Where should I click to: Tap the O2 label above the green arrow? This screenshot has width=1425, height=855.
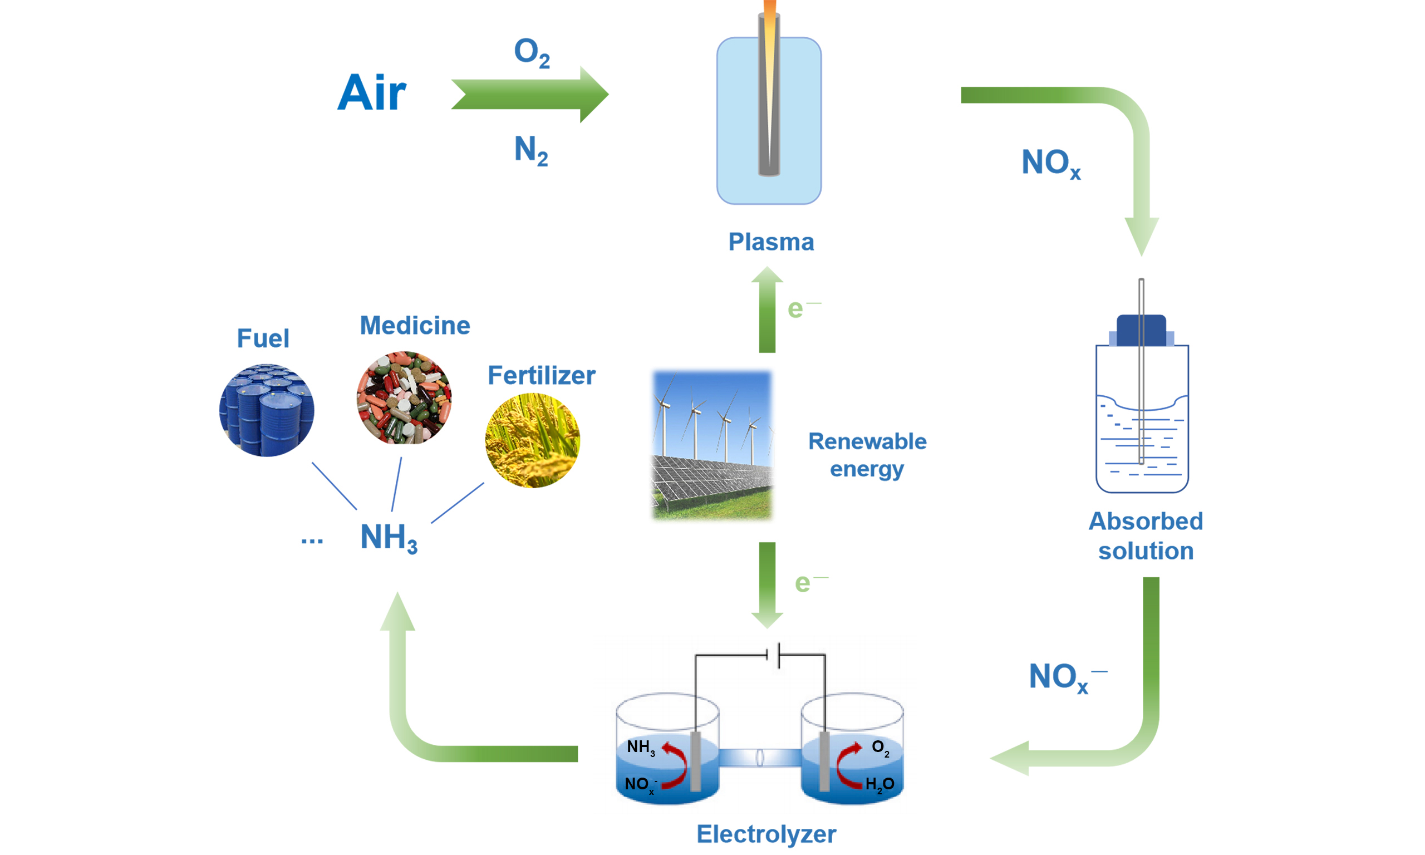coord(531,52)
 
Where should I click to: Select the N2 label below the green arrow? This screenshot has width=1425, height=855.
coord(530,150)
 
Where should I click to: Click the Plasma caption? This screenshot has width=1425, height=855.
coord(771,242)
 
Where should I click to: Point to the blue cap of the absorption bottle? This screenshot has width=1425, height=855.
coord(1141,330)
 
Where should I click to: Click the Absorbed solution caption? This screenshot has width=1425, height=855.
coord(1145,536)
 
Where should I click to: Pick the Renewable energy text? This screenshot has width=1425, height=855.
coord(867,455)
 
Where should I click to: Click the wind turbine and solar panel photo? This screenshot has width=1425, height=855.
coord(712,445)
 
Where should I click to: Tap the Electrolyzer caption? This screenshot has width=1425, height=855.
coord(766,834)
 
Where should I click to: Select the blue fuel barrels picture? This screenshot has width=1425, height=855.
coord(267,410)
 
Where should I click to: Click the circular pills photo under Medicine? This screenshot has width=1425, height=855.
coord(404,397)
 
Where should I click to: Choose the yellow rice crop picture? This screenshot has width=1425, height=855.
coord(532,441)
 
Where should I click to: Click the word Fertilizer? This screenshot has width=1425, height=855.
coord(542,376)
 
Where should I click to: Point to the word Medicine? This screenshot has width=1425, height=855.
coord(415,326)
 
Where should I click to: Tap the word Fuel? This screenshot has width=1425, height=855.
coord(263,338)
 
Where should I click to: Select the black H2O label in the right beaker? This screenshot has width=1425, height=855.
coord(879,784)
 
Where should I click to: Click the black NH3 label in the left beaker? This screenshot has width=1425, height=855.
coord(641,748)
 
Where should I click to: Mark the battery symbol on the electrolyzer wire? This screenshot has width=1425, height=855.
coord(773,655)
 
